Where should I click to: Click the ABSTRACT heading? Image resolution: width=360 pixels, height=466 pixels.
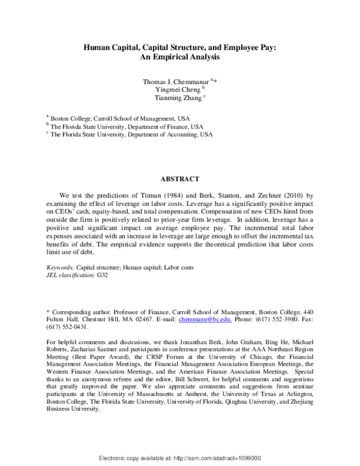point(179,178)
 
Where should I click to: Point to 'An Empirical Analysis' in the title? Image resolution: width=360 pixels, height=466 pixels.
point(179,58)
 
